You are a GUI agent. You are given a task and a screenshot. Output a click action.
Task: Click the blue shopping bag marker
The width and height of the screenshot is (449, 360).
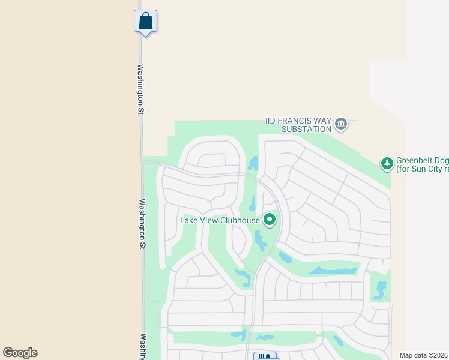tap(145, 21)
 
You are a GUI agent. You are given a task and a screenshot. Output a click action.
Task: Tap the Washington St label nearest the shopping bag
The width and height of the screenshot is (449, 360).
tap(141, 89)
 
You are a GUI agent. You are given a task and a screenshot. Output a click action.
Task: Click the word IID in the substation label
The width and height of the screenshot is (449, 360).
tap(273, 121)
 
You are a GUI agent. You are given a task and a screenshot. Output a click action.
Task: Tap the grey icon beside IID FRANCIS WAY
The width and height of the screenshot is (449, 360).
tap(341, 124)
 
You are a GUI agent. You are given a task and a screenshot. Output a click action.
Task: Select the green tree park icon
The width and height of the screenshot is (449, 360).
tap(387, 163)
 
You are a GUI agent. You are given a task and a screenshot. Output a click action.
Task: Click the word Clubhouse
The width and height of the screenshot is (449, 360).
tap(240, 220)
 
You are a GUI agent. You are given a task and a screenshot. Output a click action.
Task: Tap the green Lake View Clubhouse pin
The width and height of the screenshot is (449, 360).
tap(270, 220)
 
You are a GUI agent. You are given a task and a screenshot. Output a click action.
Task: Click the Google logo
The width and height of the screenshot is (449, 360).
tap(20, 353)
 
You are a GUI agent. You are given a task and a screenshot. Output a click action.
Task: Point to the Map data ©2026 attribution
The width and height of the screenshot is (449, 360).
tap(423, 355)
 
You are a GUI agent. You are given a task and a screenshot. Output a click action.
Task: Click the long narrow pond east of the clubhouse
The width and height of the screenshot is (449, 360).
tap(333, 271)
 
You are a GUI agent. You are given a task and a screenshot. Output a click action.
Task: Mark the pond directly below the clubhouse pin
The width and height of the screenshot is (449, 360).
tap(260, 241)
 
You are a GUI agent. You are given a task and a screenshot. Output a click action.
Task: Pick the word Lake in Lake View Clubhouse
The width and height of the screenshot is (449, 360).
tap(189, 220)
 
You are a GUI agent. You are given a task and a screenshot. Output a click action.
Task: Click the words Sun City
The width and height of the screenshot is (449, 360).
tap(424, 170)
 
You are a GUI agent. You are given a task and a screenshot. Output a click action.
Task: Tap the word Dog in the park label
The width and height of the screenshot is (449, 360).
tap(441, 160)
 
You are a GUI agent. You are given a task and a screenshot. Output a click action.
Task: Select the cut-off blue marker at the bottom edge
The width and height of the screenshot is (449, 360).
tap(265, 356)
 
